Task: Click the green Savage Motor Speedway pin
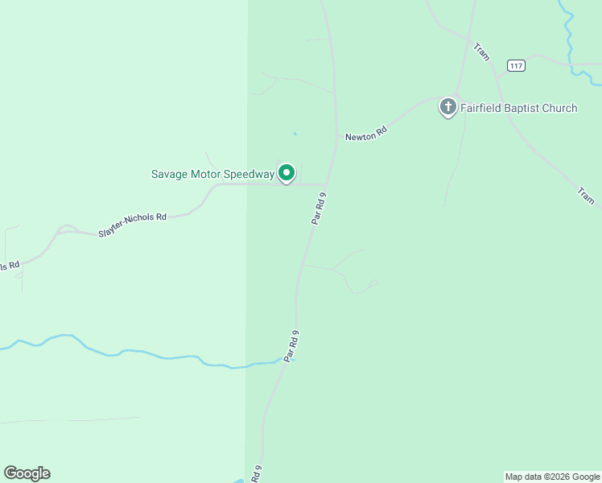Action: click(x=286, y=173)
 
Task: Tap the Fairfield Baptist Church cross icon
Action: click(x=447, y=106)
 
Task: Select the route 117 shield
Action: click(x=516, y=65)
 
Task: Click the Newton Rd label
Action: click(x=366, y=136)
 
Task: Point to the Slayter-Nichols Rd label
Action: click(x=132, y=225)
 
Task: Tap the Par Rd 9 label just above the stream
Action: click(x=291, y=345)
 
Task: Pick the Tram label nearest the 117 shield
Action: click(x=482, y=52)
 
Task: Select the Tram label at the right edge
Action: click(x=585, y=196)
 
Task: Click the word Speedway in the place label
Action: click(x=249, y=174)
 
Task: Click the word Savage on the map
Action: click(x=169, y=174)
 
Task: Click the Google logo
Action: click(x=27, y=473)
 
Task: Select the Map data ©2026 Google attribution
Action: click(x=552, y=477)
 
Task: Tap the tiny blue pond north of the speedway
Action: click(x=295, y=133)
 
